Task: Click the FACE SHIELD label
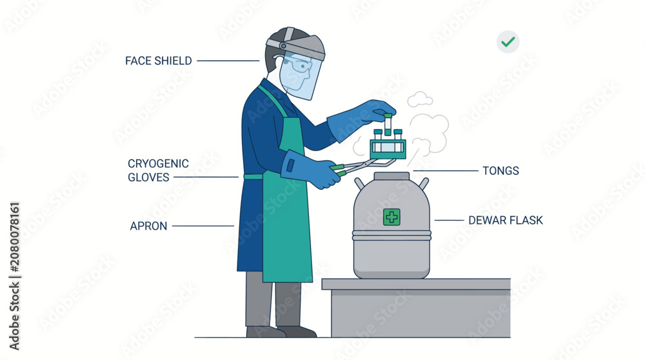click(x=159, y=61)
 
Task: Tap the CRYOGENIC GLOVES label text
click(x=158, y=170)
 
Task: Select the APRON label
click(x=148, y=226)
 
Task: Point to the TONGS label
click(x=501, y=171)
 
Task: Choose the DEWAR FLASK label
click(x=506, y=221)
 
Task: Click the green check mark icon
click(x=508, y=41)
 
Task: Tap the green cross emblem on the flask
click(x=392, y=217)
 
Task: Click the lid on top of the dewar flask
click(x=392, y=176)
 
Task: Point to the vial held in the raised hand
click(x=388, y=125)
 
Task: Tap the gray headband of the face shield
click(x=295, y=45)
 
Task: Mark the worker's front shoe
click(x=296, y=332)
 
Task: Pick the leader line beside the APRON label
click(x=203, y=226)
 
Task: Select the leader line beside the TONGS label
click(x=446, y=170)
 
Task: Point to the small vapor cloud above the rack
click(x=420, y=99)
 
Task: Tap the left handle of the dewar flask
click(x=359, y=183)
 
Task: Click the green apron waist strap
click(x=253, y=177)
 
